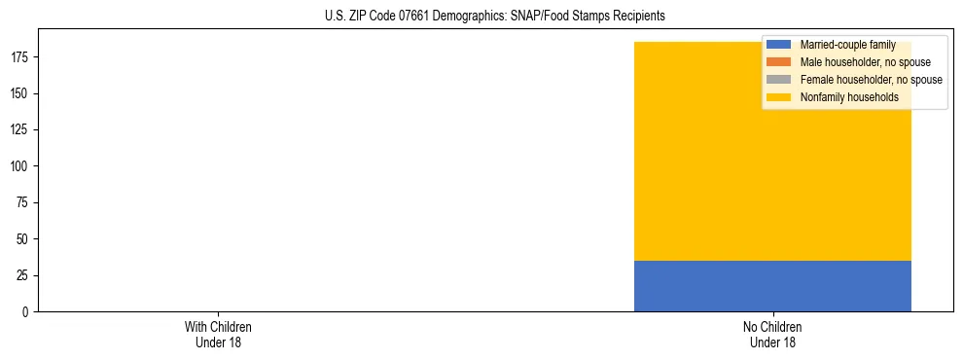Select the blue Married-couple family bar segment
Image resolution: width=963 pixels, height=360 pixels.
pos(772,286)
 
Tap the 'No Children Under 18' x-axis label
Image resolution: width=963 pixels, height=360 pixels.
pos(772,334)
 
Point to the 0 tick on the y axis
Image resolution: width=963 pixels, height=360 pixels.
pos(27,312)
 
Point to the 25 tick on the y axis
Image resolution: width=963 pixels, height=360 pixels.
pos(24,275)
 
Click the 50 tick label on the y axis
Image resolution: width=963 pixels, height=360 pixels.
pos(24,239)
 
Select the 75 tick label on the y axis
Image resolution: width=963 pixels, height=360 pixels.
pos(24,202)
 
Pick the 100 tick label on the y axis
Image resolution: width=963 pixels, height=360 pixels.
pos(21,166)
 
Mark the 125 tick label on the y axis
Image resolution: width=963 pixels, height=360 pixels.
pos(21,129)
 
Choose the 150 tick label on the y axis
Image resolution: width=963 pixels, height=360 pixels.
pos(21,93)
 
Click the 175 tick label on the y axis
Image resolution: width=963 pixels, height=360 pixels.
pos(21,57)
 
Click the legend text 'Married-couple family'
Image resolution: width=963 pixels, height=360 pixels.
pos(847,45)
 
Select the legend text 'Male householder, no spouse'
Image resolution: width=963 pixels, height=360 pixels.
pos(865,62)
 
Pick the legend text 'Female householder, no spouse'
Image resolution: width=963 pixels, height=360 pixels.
pos(871,80)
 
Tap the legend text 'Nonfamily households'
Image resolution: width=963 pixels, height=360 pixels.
pos(849,97)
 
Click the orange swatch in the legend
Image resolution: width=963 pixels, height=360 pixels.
pos(778,62)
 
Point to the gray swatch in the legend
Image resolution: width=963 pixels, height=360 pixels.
pos(778,80)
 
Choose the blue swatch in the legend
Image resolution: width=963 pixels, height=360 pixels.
pos(778,45)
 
